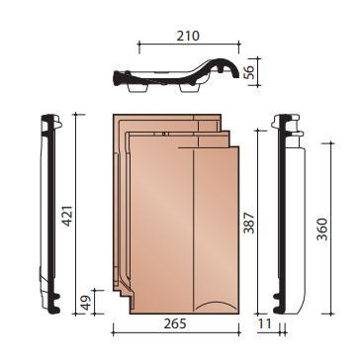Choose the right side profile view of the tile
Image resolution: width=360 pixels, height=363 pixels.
pyautogui.click(x=290, y=213)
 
